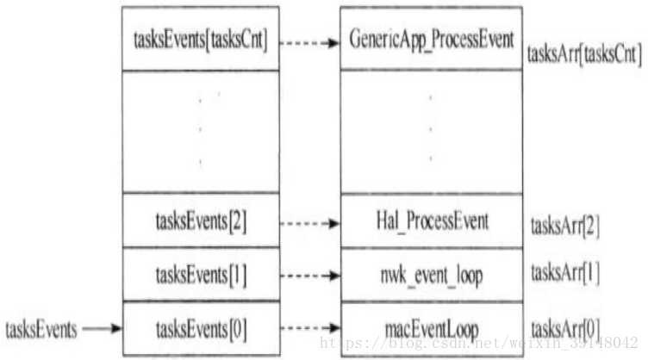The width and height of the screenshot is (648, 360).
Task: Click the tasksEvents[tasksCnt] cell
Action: [200, 40]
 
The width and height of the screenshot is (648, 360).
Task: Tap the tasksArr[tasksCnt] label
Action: [583, 55]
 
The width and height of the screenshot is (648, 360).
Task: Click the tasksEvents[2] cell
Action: [200, 221]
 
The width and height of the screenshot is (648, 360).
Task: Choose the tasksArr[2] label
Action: [565, 227]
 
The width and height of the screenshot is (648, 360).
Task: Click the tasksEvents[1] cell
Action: [200, 275]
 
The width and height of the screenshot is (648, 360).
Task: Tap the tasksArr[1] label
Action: [565, 274]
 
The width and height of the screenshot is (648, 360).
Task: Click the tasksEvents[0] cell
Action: [200, 328]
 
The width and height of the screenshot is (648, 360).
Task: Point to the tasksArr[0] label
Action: [565, 328]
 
